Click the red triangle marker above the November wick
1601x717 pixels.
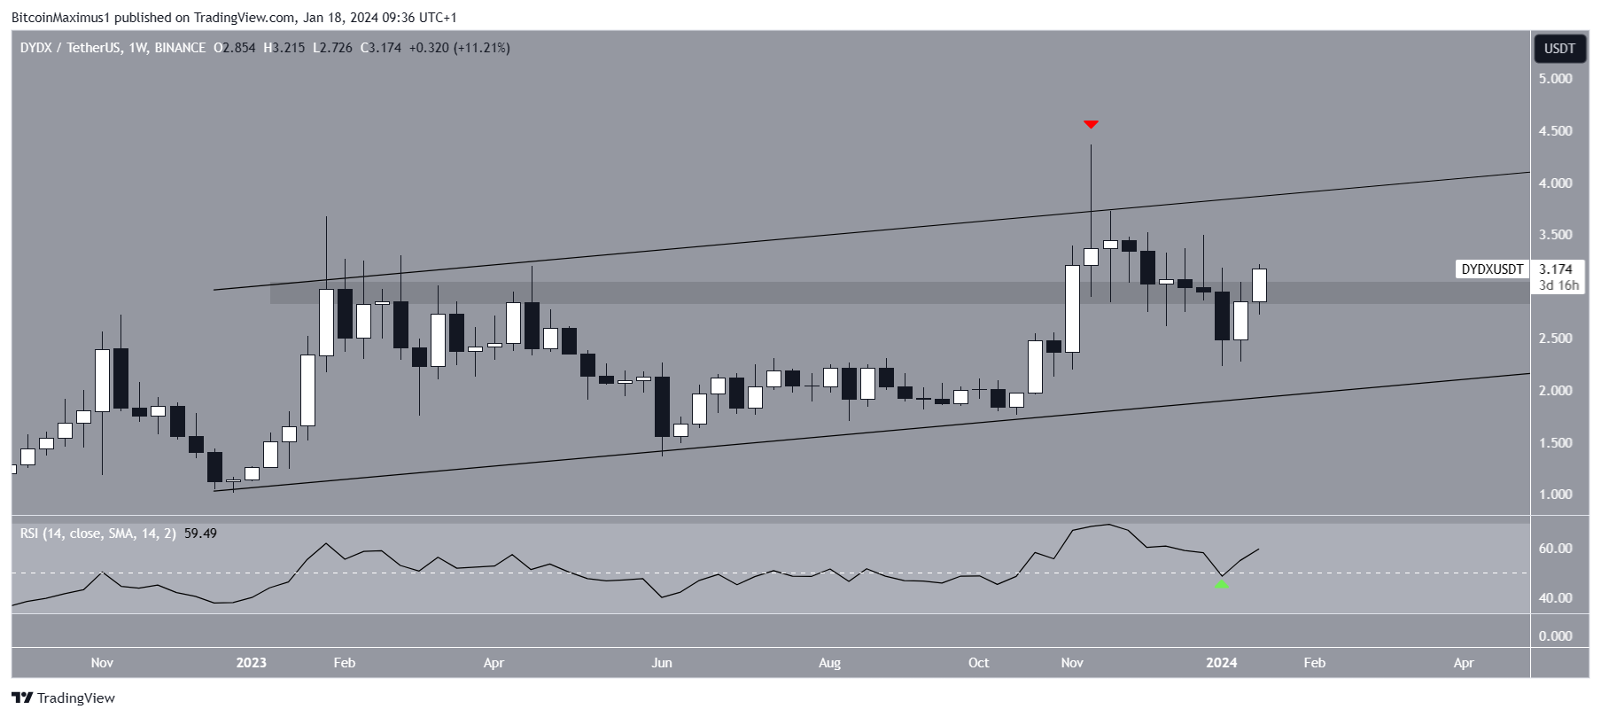(1091, 124)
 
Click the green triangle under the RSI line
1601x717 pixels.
(1222, 583)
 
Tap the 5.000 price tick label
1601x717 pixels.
(1555, 79)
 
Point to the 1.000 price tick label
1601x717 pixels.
(1555, 495)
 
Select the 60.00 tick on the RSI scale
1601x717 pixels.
(1555, 549)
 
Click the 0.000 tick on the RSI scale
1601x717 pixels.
(1555, 636)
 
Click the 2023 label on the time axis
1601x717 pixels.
(251, 663)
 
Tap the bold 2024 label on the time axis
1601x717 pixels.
(1222, 663)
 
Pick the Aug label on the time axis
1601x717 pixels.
(829, 663)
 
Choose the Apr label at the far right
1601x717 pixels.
(1464, 663)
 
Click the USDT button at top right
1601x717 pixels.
(1559, 49)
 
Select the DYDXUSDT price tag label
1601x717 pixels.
(1492, 269)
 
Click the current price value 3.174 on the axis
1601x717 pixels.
(1556, 269)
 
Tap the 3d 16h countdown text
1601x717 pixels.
(1558, 285)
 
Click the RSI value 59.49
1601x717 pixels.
(200, 534)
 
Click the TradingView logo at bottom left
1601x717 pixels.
(64, 698)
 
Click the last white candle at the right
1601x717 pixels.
(1259, 285)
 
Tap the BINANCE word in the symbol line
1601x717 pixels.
(180, 48)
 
